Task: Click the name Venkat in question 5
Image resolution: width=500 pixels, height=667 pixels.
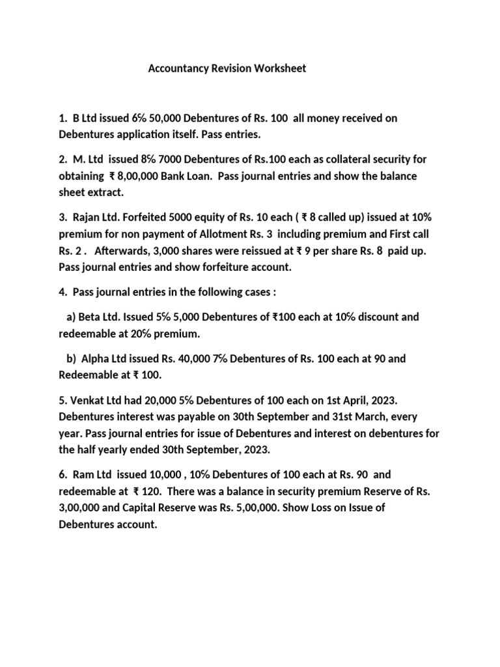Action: [88, 399]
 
